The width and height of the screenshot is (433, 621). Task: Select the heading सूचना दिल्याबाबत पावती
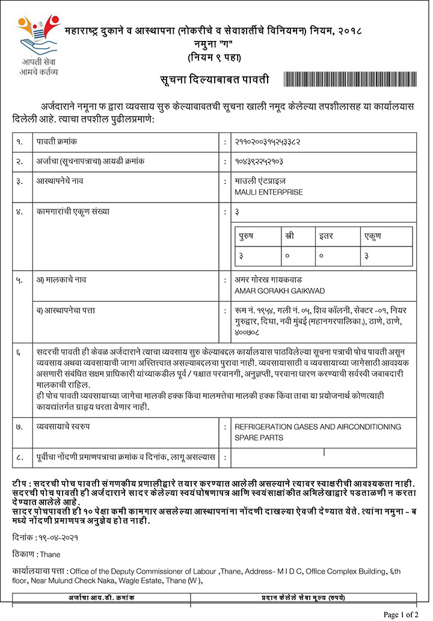[214, 80]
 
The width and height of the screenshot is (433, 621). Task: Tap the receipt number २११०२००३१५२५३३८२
[267, 142]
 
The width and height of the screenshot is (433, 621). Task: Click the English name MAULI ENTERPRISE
[268, 192]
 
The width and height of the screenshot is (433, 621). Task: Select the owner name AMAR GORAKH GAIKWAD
[280, 291]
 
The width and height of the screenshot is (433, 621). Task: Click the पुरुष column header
[246, 236]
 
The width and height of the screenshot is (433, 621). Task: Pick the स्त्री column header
[290, 236]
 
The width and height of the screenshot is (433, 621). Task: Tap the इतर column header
[326, 236]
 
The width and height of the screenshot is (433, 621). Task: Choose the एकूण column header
[373, 236]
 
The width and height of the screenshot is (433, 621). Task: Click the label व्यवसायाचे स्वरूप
[66, 426]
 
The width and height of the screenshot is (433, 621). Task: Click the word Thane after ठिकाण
[51, 554]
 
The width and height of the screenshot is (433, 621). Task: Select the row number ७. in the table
[20, 426]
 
